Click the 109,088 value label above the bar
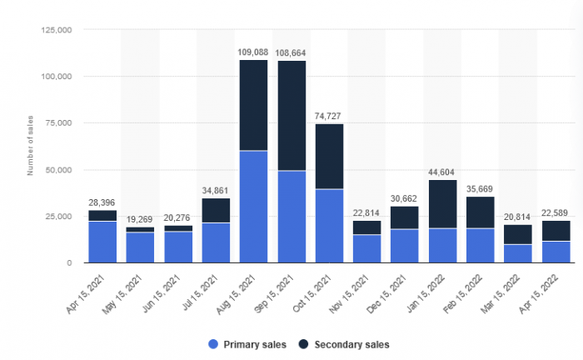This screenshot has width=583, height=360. [x=254, y=52]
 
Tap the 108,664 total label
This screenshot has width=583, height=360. [x=291, y=52]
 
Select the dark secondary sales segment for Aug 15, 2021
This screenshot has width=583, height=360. [x=254, y=105]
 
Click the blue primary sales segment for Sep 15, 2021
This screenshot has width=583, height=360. [x=291, y=217]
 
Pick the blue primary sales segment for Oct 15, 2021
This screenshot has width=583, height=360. [x=329, y=226]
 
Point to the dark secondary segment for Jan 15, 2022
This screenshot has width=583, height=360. [x=442, y=204]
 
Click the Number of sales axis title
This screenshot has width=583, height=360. [x=31, y=146]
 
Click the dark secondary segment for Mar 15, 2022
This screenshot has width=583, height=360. [x=518, y=234]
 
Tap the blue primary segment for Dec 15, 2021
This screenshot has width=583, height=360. [x=405, y=246]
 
